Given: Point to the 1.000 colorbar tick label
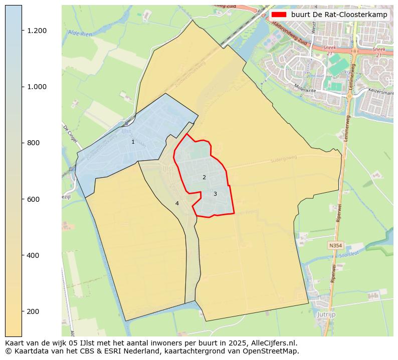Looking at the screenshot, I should click(37, 87).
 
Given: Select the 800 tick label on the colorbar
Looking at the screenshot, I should click(33, 143).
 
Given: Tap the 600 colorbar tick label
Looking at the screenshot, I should click(33, 199).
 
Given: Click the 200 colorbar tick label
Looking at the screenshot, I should click(33, 311).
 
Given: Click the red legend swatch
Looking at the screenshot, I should click(279, 15).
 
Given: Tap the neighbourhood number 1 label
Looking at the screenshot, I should click(133, 142).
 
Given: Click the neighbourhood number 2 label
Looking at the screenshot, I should click(204, 177).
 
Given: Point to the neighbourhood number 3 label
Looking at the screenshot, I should click(215, 194).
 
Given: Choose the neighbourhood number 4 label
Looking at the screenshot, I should click(177, 203).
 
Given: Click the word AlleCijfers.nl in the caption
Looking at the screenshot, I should click(271, 343).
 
